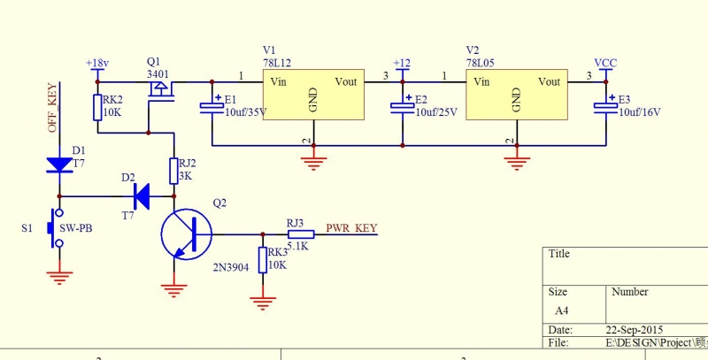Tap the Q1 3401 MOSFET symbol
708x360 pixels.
tap(161, 91)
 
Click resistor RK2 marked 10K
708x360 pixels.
tap(97, 108)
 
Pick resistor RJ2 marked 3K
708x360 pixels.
tap(174, 169)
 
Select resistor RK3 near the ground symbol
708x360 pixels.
tap(262, 260)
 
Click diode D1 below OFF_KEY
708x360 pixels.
tap(58, 165)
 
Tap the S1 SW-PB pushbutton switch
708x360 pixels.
tap(58, 229)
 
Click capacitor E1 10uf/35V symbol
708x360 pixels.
tap(212, 106)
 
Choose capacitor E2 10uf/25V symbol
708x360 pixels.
tap(403, 106)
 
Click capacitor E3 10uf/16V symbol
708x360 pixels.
tap(606, 106)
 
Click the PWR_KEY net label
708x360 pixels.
tap(352, 228)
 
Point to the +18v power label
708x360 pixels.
tap(96, 64)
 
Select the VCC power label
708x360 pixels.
tap(605, 64)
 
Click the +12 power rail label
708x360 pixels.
tap(402, 64)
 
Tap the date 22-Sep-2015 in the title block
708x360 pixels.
tap(635, 328)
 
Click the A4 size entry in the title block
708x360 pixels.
tap(561, 310)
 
